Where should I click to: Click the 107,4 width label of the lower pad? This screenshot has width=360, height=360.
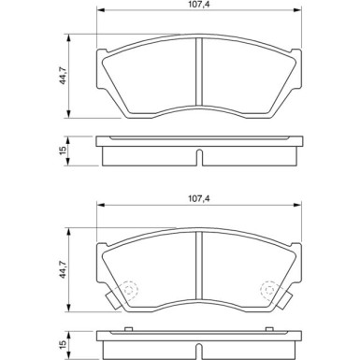click(200, 199)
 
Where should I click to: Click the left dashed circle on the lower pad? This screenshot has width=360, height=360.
click(128, 291)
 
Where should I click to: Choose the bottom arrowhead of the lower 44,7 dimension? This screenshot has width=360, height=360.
click(68, 310)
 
